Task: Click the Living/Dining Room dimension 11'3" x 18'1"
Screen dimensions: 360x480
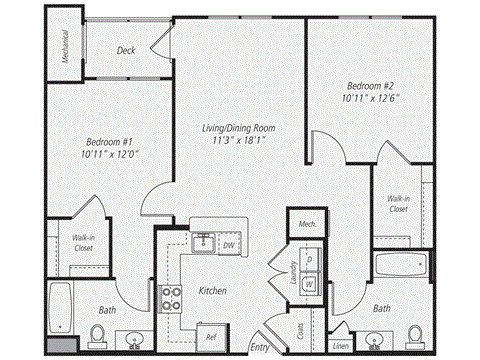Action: [237, 142]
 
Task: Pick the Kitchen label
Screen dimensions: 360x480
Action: [212, 290]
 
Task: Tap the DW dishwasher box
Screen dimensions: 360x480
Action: [228, 244]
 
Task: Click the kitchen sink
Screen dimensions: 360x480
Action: [203, 241]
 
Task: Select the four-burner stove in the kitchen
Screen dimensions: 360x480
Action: [171, 297]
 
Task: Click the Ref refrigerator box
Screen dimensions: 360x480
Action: [211, 336]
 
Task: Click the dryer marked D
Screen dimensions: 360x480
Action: [310, 260]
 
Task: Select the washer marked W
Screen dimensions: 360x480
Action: [310, 283]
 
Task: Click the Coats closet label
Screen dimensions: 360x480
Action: [301, 327]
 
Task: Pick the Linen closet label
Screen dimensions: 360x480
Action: [341, 347]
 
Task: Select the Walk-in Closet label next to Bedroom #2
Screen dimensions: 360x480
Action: [398, 204]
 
